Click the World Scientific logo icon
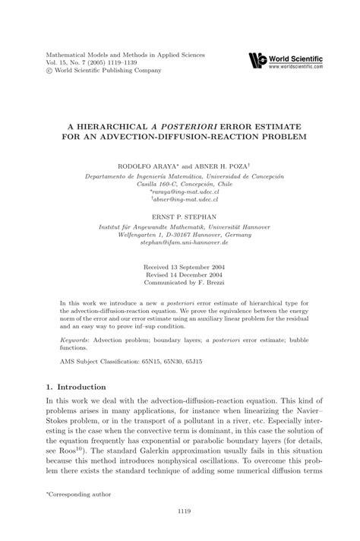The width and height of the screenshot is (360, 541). (258, 60)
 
